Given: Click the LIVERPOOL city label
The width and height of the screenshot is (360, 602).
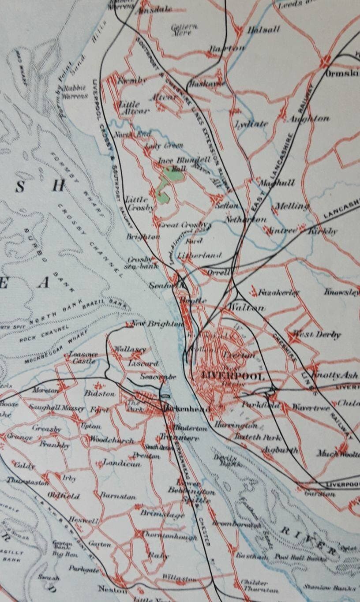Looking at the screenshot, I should tap(232, 377).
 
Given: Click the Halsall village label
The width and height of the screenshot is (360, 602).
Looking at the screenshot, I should tap(264, 30).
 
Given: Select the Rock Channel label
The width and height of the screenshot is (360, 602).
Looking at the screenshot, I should tap(44, 334).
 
